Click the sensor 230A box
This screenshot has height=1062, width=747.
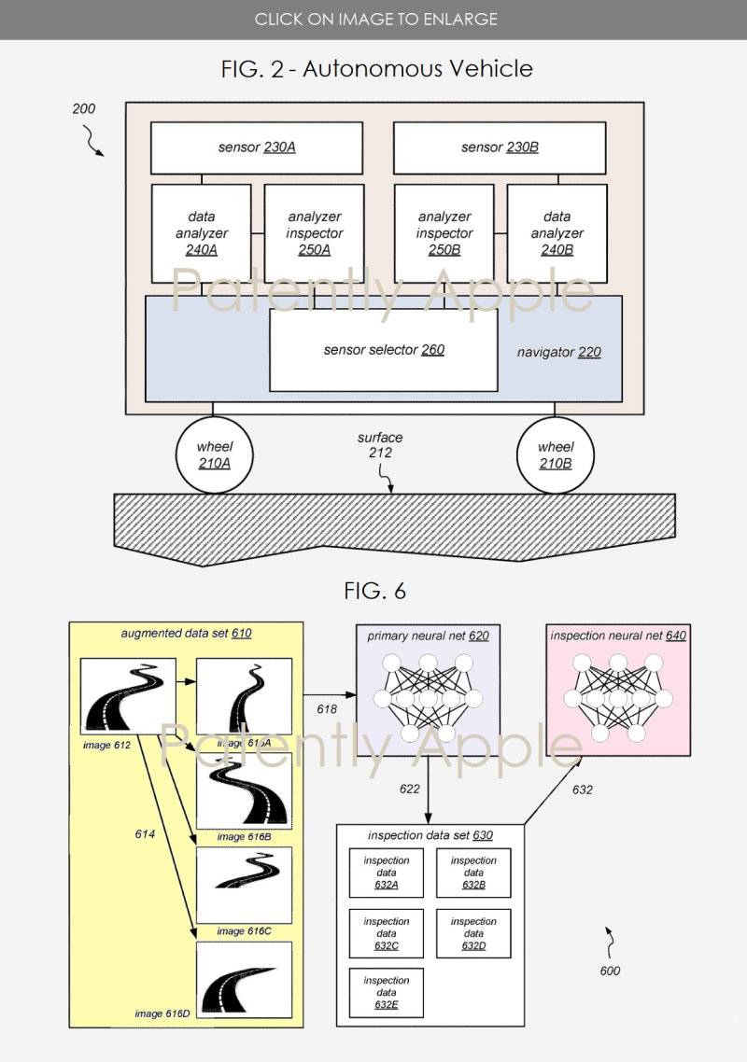coord(257,147)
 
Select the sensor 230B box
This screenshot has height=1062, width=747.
coord(500,147)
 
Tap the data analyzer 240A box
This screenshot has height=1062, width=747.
coord(202,233)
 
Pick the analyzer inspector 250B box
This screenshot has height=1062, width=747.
coord(444,233)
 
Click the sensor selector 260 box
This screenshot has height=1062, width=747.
coord(383,350)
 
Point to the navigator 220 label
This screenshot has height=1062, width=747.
coord(558,353)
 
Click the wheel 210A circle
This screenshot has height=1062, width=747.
coord(214,454)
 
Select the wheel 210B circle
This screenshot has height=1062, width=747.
coord(556,454)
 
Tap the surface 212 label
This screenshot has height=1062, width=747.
coord(380,445)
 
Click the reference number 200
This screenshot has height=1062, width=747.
coord(84,109)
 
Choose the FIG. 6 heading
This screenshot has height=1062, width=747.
coord(374,591)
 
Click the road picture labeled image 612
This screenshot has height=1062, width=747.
coord(121,694)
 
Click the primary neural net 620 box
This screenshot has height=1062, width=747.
coord(428,691)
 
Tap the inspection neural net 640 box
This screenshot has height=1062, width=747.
coord(617,691)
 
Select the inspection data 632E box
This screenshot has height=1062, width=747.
coord(387,993)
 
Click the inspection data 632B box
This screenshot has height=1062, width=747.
coord(473,873)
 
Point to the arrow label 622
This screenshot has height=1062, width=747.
coord(410,790)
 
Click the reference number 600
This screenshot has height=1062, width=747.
coord(610,971)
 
